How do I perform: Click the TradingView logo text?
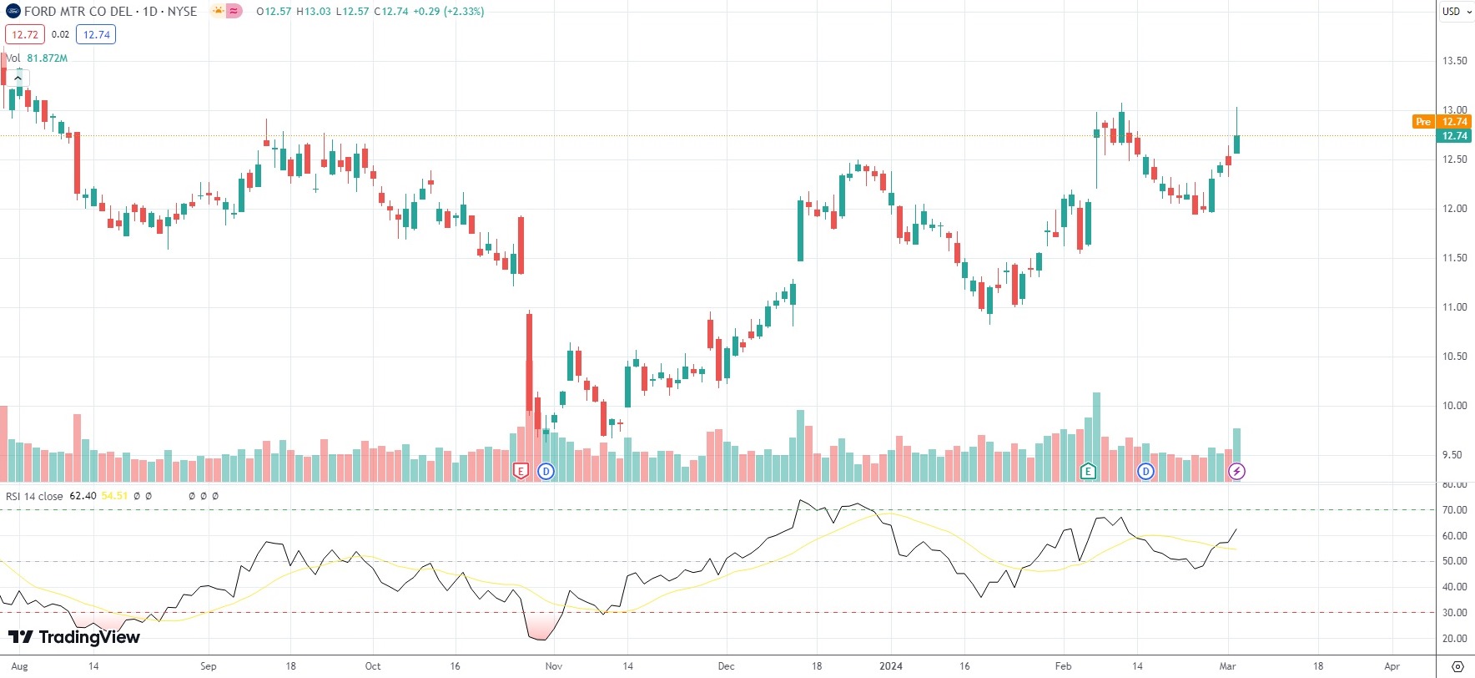(88, 638)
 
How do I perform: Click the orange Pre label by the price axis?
(1422, 122)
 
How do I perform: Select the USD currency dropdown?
(1455, 11)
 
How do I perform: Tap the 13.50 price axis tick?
(1454, 61)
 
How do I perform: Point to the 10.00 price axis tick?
(1454, 406)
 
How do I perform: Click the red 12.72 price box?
(25, 34)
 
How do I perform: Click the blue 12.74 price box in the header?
(96, 34)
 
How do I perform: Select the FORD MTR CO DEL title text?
(78, 12)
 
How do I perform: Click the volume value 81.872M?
(47, 58)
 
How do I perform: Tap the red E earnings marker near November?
(521, 471)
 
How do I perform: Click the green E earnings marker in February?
(1088, 471)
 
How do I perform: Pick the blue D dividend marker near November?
(546, 471)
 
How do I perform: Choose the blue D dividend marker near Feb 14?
(1145, 471)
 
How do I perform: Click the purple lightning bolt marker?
(1236, 471)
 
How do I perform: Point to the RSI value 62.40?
(83, 496)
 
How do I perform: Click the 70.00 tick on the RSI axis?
(1454, 510)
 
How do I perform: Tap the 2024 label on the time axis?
(891, 666)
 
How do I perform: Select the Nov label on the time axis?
(554, 666)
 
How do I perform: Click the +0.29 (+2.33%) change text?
(448, 12)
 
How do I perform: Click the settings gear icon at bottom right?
(1457, 666)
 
